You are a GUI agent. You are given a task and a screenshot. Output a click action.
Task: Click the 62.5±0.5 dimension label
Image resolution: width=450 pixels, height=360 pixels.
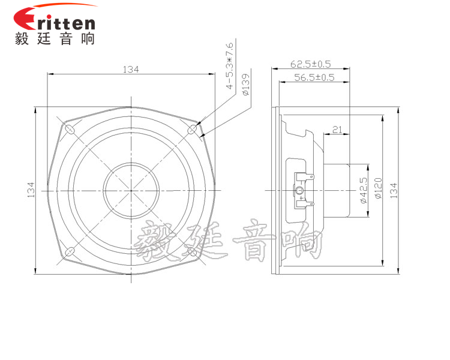pos(311,64)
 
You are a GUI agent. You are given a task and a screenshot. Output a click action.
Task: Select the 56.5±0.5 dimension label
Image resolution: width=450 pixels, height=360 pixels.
pos(314,77)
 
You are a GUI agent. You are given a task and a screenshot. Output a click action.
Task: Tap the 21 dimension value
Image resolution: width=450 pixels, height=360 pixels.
pos(337,130)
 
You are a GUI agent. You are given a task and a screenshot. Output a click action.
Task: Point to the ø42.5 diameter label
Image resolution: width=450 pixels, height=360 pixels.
pos(364,190)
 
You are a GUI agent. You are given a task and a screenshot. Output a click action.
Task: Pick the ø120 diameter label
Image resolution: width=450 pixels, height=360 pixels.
pos(378,188)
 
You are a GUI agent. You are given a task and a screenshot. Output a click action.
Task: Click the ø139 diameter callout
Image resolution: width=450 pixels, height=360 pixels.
pos(245,85)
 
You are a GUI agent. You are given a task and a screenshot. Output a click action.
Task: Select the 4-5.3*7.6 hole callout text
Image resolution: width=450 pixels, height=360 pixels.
pos(230,66)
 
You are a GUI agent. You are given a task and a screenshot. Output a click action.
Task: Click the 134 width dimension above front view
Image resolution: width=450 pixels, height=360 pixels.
pos(131,70)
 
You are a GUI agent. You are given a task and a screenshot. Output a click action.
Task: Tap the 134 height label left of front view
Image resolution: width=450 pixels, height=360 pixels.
pos(31,190)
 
